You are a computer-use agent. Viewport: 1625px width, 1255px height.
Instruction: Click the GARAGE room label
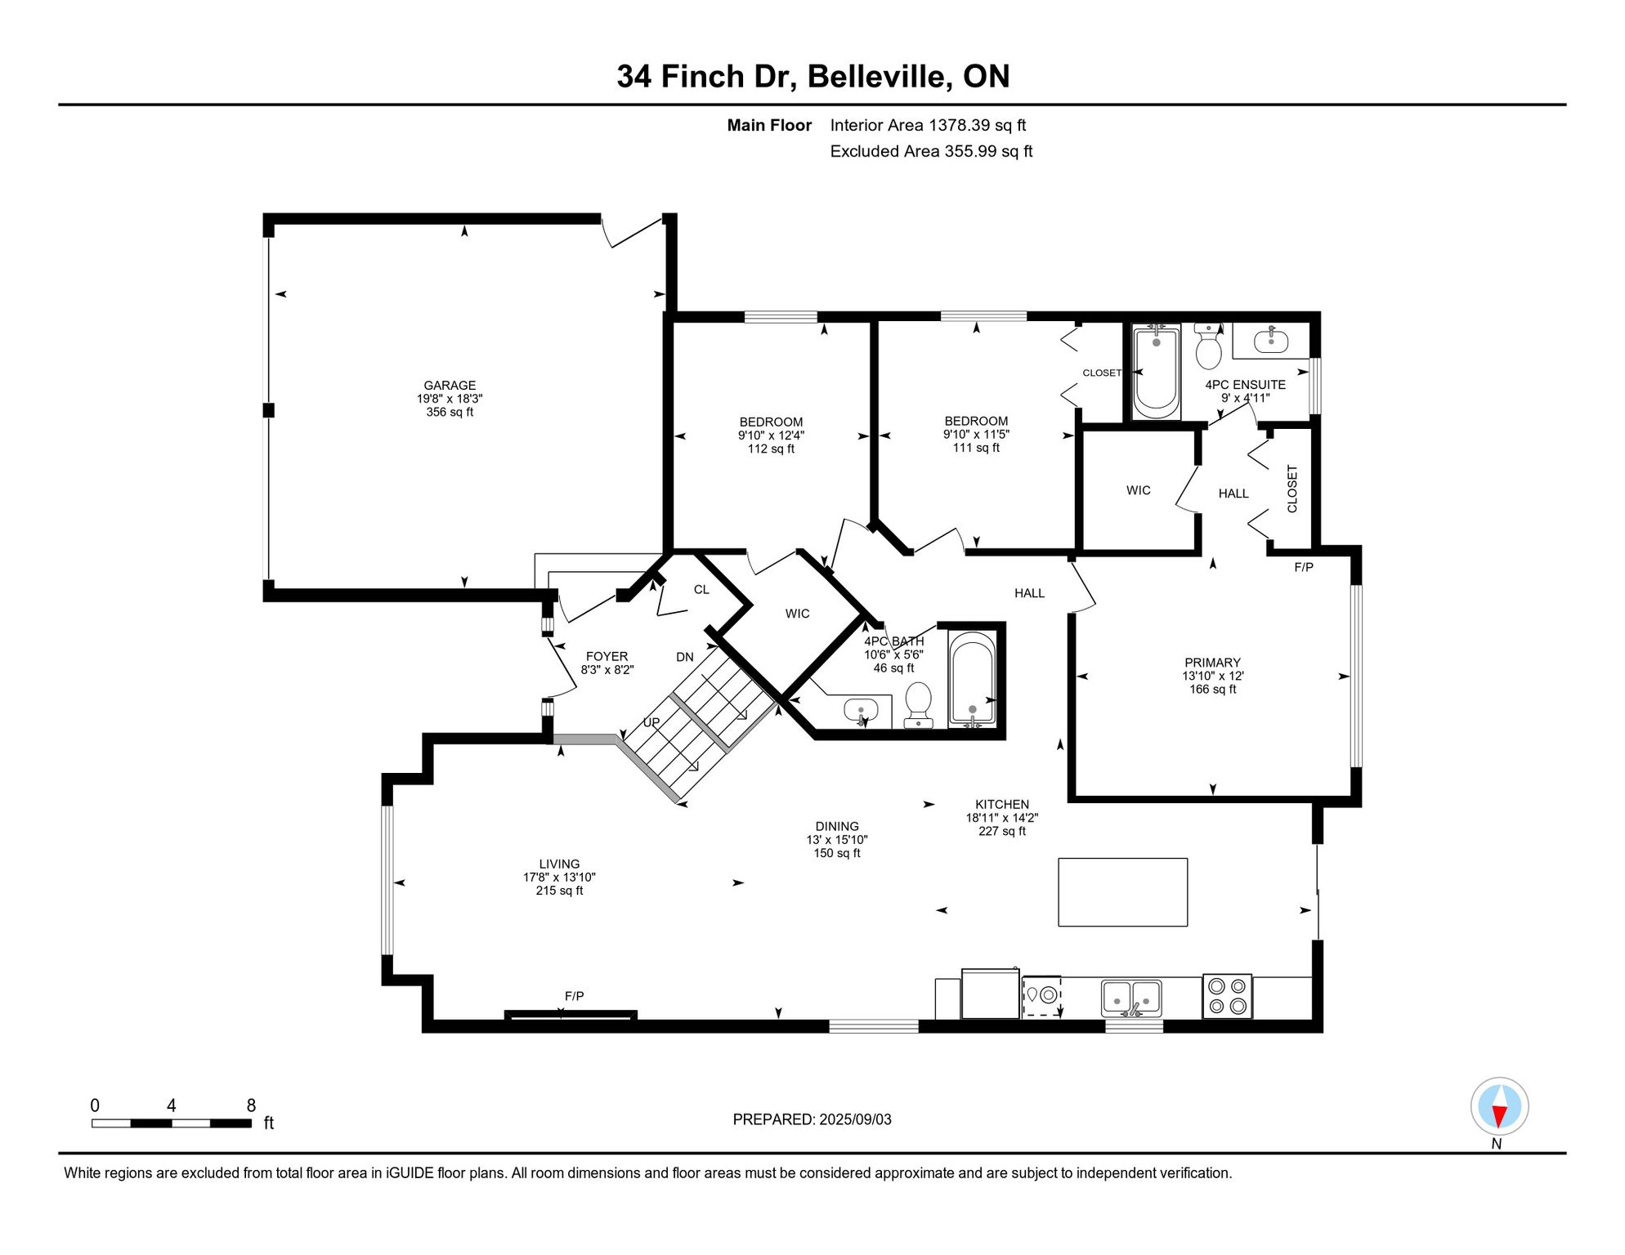(450, 386)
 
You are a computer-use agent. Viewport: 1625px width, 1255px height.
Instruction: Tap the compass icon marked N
(1499, 1106)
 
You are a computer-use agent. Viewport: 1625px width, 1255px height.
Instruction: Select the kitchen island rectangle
(1122, 892)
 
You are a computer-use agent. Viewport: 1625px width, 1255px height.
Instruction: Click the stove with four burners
(1227, 996)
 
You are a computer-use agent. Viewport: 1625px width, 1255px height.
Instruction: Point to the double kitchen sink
(1131, 998)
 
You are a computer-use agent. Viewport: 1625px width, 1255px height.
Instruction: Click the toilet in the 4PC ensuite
(1208, 346)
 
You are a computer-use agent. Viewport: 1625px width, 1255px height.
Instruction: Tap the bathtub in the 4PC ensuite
(1156, 372)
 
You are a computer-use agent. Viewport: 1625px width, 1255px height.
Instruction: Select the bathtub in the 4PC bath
(972, 677)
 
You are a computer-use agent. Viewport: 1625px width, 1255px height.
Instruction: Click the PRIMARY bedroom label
(1212, 663)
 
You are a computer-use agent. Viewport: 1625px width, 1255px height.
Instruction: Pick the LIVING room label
(559, 864)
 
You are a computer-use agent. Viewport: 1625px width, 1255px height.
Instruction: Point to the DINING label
(837, 826)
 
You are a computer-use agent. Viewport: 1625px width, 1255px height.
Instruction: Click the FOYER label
(607, 656)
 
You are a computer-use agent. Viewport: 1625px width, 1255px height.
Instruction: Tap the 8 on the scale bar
(251, 1105)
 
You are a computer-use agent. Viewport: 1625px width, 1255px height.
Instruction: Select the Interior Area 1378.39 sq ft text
(928, 125)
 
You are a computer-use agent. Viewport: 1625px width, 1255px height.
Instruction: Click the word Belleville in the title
(880, 76)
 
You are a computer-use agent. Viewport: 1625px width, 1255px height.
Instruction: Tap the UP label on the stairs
(651, 722)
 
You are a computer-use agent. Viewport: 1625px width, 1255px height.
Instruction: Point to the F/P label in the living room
(574, 996)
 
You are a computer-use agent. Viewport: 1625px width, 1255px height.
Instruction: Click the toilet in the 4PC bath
(919, 704)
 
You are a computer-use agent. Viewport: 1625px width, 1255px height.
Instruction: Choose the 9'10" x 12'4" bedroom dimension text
(771, 435)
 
